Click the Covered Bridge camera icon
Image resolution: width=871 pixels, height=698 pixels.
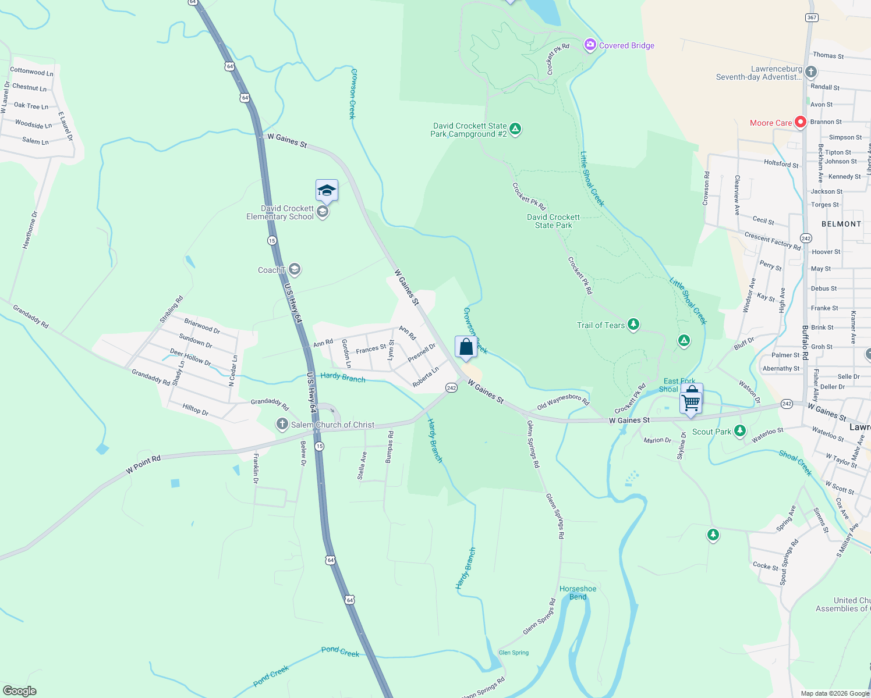[590, 45]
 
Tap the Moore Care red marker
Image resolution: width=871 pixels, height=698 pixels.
[801, 122]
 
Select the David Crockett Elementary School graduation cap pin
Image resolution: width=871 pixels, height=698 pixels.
[327, 190]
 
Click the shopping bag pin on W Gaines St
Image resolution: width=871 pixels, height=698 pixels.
[466, 347]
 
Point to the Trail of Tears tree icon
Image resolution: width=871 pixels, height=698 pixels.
[633, 325]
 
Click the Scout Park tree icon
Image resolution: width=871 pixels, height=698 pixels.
[740, 431]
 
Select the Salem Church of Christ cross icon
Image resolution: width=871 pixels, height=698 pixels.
[282, 424]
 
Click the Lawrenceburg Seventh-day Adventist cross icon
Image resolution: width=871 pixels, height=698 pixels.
[811, 72]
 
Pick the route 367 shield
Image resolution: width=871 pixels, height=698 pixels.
[812, 17]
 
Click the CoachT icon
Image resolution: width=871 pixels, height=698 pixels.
[295, 269]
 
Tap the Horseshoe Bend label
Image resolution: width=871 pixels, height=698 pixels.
[578, 593]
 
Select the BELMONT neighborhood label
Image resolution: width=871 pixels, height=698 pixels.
[841, 224]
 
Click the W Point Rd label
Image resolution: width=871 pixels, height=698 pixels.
[143, 465]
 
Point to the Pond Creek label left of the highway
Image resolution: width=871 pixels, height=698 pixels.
[271, 676]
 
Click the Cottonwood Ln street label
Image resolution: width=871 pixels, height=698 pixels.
[31, 72]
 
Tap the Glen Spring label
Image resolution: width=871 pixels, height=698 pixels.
[514, 653]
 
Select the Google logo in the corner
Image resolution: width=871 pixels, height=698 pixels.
[20, 690]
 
